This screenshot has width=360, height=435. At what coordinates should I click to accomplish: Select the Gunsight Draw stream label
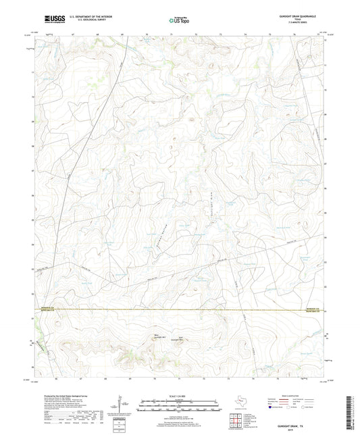[x=211, y=195]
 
